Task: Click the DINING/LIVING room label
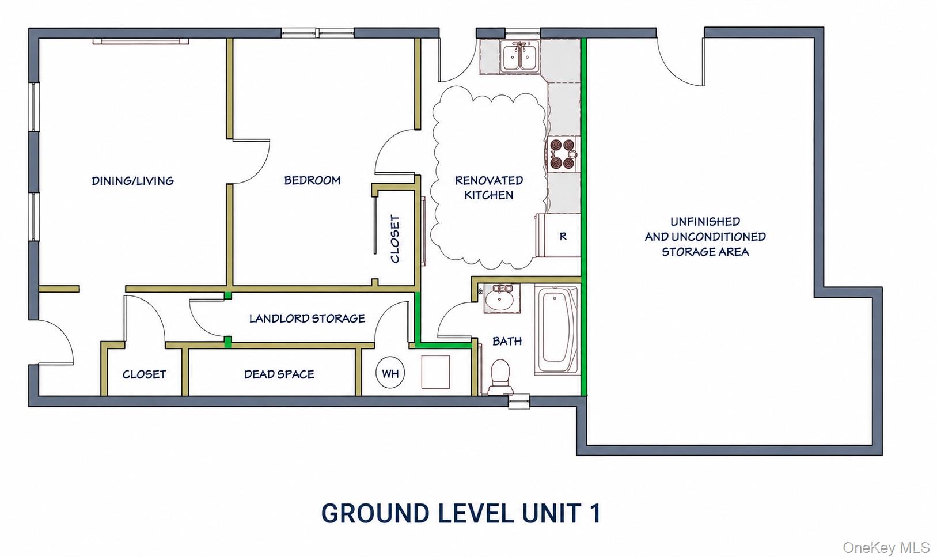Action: pyautogui.click(x=132, y=181)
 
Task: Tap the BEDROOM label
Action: pyautogui.click(x=313, y=180)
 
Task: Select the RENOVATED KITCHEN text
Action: pyautogui.click(x=489, y=188)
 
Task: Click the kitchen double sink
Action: pyautogui.click(x=520, y=56)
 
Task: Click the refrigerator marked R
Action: pyautogui.click(x=559, y=236)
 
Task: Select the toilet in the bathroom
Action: pyautogui.click(x=500, y=376)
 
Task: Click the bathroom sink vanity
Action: pyautogui.click(x=502, y=298)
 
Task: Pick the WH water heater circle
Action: pyautogui.click(x=390, y=373)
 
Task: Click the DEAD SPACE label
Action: pyautogui.click(x=279, y=374)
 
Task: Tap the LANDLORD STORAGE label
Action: pyautogui.click(x=307, y=319)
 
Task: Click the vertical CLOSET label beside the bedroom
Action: pyautogui.click(x=395, y=238)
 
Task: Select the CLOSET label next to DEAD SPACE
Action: pyautogui.click(x=145, y=374)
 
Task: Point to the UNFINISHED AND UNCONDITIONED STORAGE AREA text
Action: pyautogui.click(x=705, y=236)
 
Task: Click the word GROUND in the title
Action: pyautogui.click(x=375, y=513)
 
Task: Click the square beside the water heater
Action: pyautogui.click(x=435, y=372)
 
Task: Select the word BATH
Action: pyautogui.click(x=507, y=342)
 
